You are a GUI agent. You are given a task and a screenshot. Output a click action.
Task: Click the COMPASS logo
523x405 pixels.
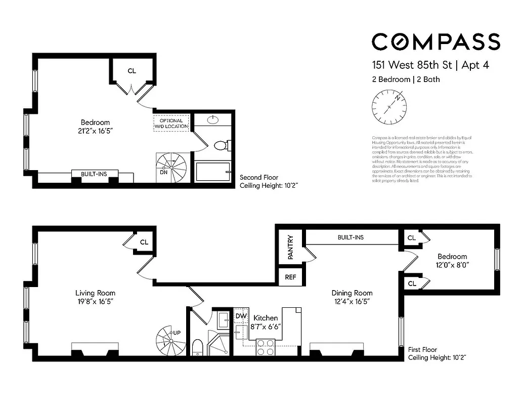click(435, 42)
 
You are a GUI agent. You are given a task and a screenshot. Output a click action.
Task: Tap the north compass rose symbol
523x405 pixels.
click(389, 107)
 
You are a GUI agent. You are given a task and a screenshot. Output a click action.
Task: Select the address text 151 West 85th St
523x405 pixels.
click(411, 65)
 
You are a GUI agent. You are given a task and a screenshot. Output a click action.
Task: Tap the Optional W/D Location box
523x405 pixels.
click(171, 123)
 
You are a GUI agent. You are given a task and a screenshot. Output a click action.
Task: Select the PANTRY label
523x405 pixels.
click(290, 247)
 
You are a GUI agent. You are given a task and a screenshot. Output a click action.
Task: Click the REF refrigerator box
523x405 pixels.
click(290, 277)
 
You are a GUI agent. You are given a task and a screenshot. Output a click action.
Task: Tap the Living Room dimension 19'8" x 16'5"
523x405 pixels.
click(95, 302)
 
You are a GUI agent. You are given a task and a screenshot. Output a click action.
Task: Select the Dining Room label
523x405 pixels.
click(352, 293)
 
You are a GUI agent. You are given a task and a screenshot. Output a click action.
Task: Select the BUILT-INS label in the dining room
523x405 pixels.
click(351, 237)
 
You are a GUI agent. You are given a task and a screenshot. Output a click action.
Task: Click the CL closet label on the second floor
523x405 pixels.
click(132, 71)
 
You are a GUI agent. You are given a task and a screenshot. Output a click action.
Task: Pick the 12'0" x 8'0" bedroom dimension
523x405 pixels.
click(452, 265)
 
